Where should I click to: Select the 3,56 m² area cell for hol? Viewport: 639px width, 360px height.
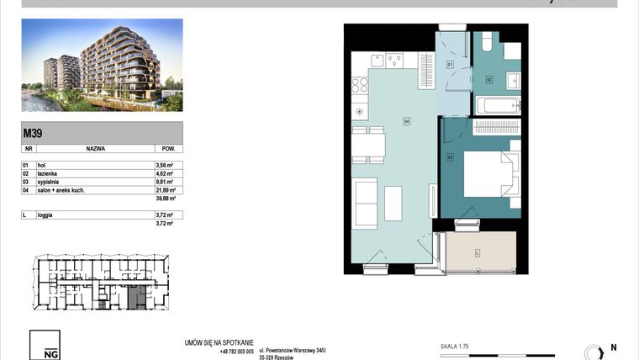tap(164, 166)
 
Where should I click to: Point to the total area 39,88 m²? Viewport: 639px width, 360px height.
tap(164, 199)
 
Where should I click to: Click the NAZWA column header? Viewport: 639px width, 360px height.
tap(95, 147)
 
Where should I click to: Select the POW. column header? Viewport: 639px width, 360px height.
tap(168, 147)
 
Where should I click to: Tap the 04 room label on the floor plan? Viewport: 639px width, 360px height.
tap(406, 121)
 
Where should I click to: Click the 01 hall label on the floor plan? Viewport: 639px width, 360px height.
tap(450, 64)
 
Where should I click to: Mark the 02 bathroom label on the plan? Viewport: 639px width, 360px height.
tap(488, 80)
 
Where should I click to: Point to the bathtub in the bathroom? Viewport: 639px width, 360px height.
tap(498, 106)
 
